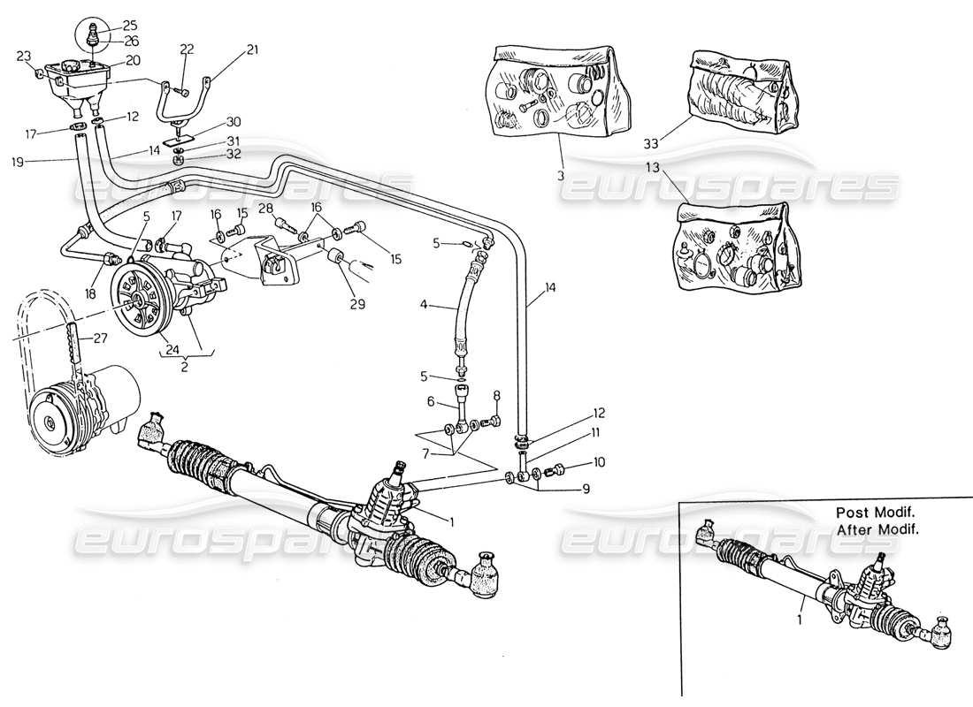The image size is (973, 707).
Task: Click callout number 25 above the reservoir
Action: coord(130,26)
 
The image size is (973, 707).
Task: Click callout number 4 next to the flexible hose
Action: coord(424,306)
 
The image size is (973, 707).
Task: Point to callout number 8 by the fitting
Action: coord(496,395)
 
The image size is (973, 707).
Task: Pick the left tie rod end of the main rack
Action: coord(155,430)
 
